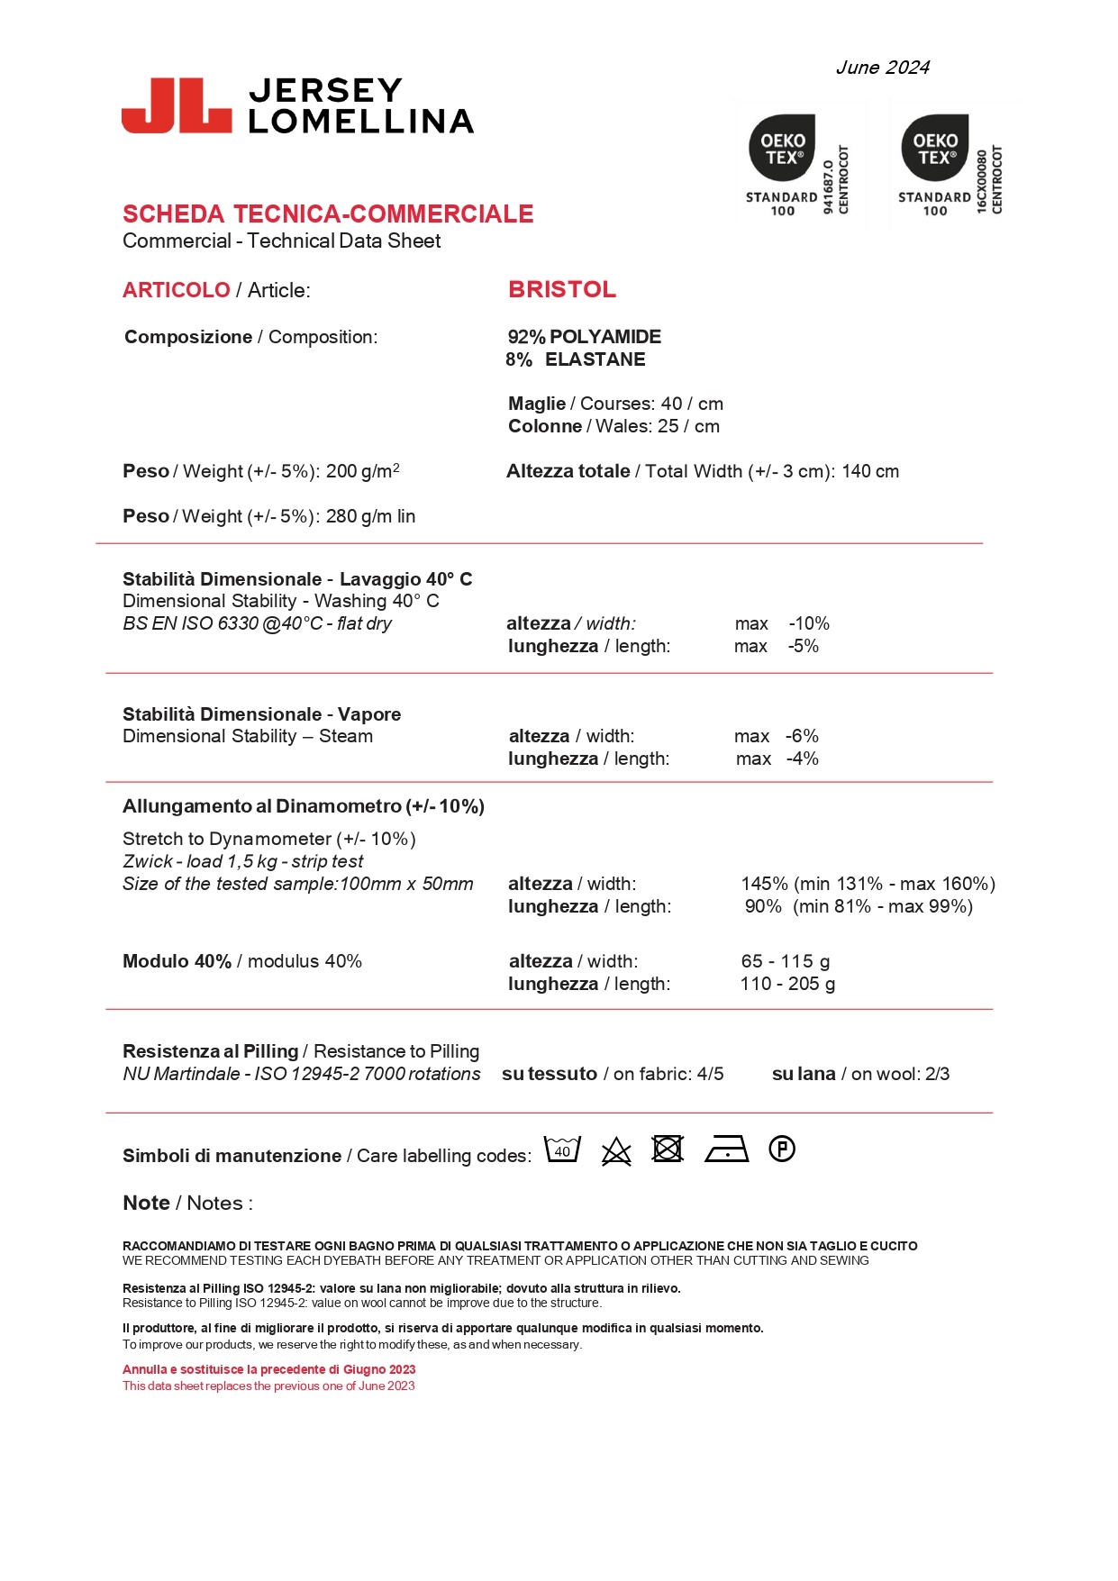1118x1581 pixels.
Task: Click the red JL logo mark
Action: [177, 106]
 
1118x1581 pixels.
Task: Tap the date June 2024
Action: [882, 68]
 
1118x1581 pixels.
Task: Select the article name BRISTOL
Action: [562, 289]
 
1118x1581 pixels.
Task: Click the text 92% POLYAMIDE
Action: [584, 337]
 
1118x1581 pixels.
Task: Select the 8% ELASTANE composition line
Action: [576, 359]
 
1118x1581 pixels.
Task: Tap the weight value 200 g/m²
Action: [362, 471]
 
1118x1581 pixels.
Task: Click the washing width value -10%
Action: [809, 623]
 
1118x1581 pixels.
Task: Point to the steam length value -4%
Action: [802, 759]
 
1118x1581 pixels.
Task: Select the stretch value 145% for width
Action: [764, 884]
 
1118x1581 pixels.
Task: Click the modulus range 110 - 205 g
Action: [787, 984]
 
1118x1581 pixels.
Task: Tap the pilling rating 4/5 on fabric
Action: [710, 1074]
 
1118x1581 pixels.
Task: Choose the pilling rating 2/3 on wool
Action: [937, 1074]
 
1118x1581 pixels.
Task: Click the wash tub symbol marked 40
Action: [562, 1149]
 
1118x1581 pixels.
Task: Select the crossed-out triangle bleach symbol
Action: [616, 1151]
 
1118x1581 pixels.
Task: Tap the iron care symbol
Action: [727, 1149]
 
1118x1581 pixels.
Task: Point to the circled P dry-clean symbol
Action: [782, 1149]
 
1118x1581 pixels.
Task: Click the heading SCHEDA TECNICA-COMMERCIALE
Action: [328, 214]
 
